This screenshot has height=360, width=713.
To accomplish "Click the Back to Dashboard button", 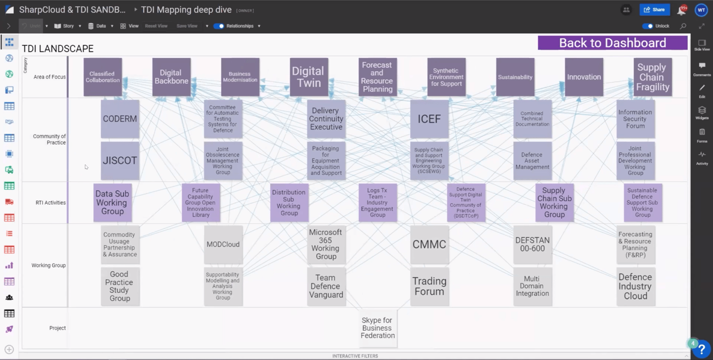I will (x=612, y=43).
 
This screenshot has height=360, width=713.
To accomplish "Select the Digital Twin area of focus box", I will (x=309, y=77).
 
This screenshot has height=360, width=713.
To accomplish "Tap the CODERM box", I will (x=120, y=119).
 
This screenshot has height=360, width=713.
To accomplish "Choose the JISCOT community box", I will (x=120, y=160).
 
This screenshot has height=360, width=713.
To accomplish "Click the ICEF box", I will (x=429, y=119).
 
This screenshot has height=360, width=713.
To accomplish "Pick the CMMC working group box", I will (x=429, y=244).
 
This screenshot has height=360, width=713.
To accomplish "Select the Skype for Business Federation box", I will (x=377, y=328).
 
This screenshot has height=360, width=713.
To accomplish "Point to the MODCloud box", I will (x=223, y=244).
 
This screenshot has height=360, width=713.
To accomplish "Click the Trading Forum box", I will (x=429, y=286).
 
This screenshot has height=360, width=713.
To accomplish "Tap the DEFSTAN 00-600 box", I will (x=532, y=244).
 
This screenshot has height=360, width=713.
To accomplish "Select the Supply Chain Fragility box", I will (x=652, y=77).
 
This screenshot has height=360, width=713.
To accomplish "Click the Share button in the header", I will (x=654, y=10).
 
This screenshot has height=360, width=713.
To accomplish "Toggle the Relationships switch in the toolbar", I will (x=219, y=26).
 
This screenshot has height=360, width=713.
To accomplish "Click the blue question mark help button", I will (x=702, y=349).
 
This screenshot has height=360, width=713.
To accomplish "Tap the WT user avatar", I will (x=701, y=10).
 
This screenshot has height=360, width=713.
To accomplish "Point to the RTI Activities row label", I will (x=51, y=203).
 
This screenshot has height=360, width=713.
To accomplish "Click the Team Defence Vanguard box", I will (x=326, y=286).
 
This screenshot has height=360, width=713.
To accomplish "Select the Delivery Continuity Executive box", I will (x=326, y=119).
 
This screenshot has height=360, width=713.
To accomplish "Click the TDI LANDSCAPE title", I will (x=58, y=49).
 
